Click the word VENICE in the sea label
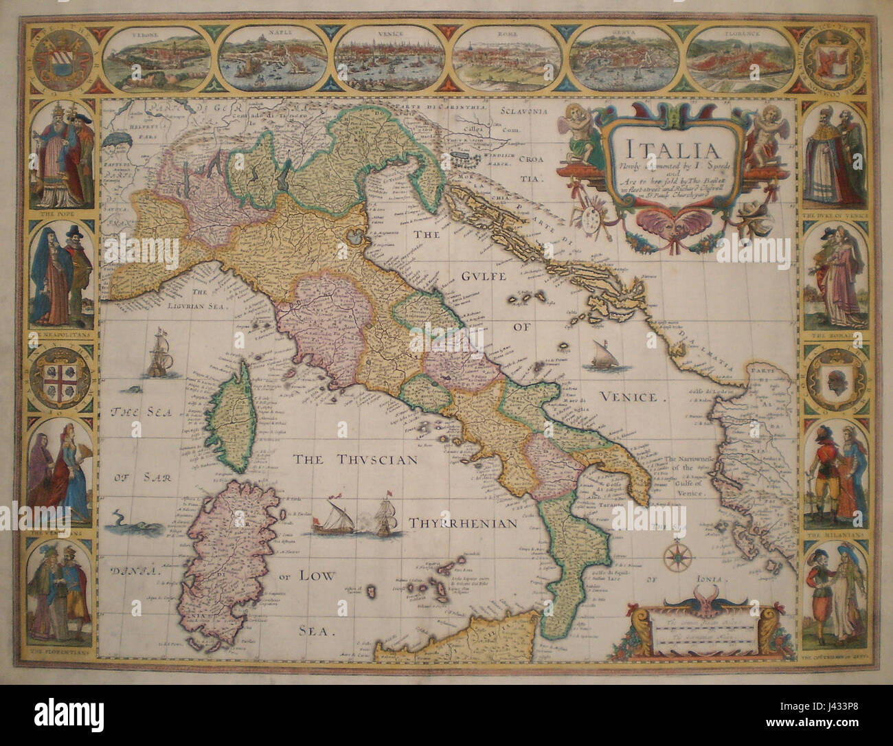(x=633, y=397)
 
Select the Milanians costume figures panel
(x=831, y=474)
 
